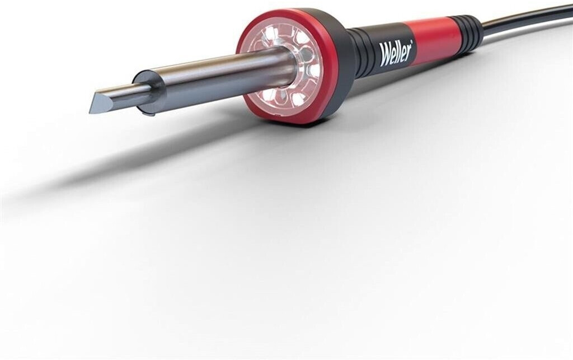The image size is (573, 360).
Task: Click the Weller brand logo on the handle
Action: pos(396,54)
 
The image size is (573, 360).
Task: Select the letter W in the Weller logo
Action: pos(385,57)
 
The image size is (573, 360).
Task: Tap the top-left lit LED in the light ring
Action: pos(271,35)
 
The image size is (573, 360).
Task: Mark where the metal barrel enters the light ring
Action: pos(294,64)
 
